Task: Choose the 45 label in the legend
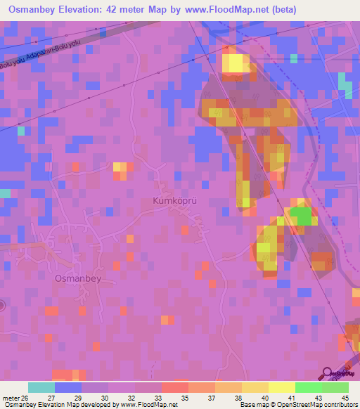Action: tap(345, 398)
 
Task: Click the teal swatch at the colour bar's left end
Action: tap(41, 387)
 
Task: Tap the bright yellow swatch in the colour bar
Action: tap(281, 387)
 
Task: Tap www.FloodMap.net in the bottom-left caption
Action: tap(149, 405)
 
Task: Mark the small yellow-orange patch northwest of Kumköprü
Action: tap(121, 168)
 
